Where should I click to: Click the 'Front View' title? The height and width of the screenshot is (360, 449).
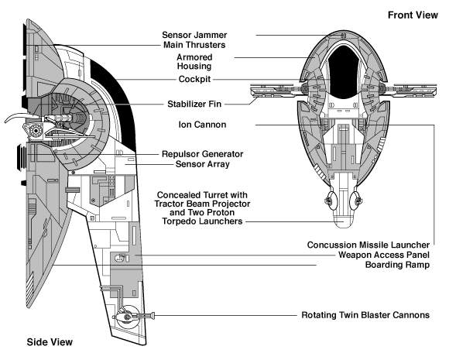click(x=413, y=15)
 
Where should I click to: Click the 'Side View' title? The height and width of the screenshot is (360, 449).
click(x=50, y=342)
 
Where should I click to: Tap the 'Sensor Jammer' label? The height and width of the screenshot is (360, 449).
click(x=194, y=35)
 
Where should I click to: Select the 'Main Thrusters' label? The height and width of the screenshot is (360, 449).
click(x=194, y=45)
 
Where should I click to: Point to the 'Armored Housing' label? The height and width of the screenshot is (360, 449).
click(x=194, y=62)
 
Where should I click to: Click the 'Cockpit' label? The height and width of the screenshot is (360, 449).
click(x=194, y=79)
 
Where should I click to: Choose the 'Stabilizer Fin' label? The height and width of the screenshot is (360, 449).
click(x=194, y=104)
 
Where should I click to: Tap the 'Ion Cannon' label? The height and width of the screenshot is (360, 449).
click(x=202, y=125)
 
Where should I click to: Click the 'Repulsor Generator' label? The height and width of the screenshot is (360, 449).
click(x=203, y=154)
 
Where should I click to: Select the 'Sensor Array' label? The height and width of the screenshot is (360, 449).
click(x=203, y=164)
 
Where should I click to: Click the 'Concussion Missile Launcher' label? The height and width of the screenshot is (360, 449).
click(x=368, y=245)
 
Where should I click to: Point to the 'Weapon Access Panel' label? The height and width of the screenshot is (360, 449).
click(x=384, y=255)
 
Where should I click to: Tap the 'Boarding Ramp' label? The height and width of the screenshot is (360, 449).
click(x=397, y=265)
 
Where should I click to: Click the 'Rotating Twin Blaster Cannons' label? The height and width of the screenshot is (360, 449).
click(x=365, y=315)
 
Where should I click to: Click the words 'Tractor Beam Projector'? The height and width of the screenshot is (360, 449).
click(x=202, y=204)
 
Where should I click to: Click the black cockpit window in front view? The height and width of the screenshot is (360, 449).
click(x=344, y=71)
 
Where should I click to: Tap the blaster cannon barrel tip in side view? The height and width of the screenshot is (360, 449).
click(x=153, y=316)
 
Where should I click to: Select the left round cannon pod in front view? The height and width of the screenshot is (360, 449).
click(x=330, y=200)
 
